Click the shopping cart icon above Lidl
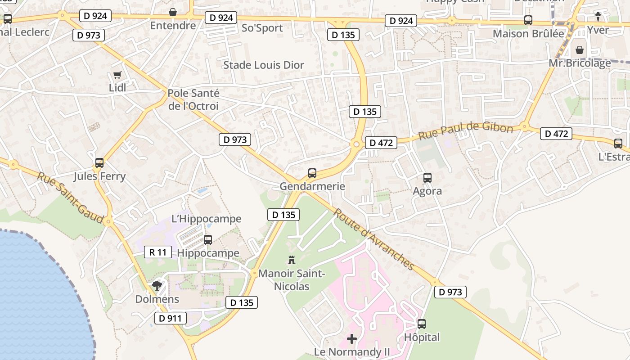click(x=117, y=75)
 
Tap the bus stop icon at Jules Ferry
click(x=99, y=163)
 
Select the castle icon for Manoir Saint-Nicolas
click(x=292, y=260)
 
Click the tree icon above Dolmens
click(x=157, y=285)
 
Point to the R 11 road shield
click(x=158, y=252)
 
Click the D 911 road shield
click(x=170, y=319)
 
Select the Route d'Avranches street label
click(x=373, y=239)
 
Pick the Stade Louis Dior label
click(x=264, y=65)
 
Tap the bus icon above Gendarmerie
click(x=312, y=173)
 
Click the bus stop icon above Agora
click(x=427, y=178)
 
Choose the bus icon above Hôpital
click(x=421, y=324)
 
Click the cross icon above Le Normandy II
click(x=352, y=338)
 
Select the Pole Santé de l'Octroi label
click(x=193, y=99)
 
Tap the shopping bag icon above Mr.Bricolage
click(x=580, y=50)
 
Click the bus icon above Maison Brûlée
click(x=528, y=20)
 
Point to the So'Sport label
click(x=262, y=28)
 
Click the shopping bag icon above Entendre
click(x=172, y=12)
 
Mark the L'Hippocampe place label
click(x=207, y=219)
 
